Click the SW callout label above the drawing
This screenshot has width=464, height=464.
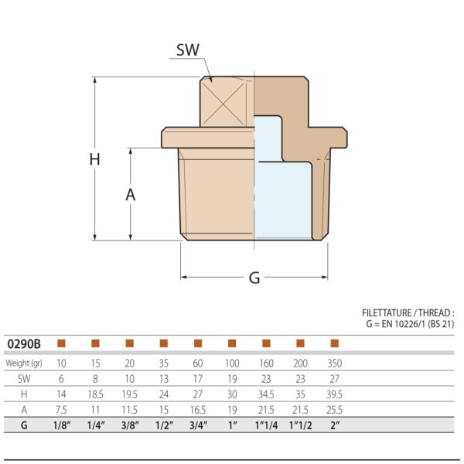tap(188, 50)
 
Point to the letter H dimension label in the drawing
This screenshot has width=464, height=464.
tap(94, 160)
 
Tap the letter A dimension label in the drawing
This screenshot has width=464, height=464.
tap(131, 195)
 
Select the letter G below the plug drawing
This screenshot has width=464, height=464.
tap(254, 278)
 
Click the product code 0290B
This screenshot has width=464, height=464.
tap(24, 343)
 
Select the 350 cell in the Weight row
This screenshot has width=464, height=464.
tap(334, 363)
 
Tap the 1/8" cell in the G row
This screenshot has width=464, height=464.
tap(61, 425)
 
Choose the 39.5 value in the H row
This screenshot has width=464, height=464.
tap(334, 394)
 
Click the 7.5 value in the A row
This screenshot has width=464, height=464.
tap(61, 409)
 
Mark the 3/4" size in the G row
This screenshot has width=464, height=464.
tap(197, 425)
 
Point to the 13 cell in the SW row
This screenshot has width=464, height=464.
tap(163, 378)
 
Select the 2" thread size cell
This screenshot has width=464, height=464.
tap(334, 425)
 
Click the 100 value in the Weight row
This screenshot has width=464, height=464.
tap(231, 363)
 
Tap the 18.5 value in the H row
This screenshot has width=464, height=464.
tap(95, 394)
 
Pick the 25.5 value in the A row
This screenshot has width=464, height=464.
tap(334, 409)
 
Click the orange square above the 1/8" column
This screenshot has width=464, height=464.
tap(61, 343)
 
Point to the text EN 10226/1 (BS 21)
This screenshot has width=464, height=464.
tap(418, 324)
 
